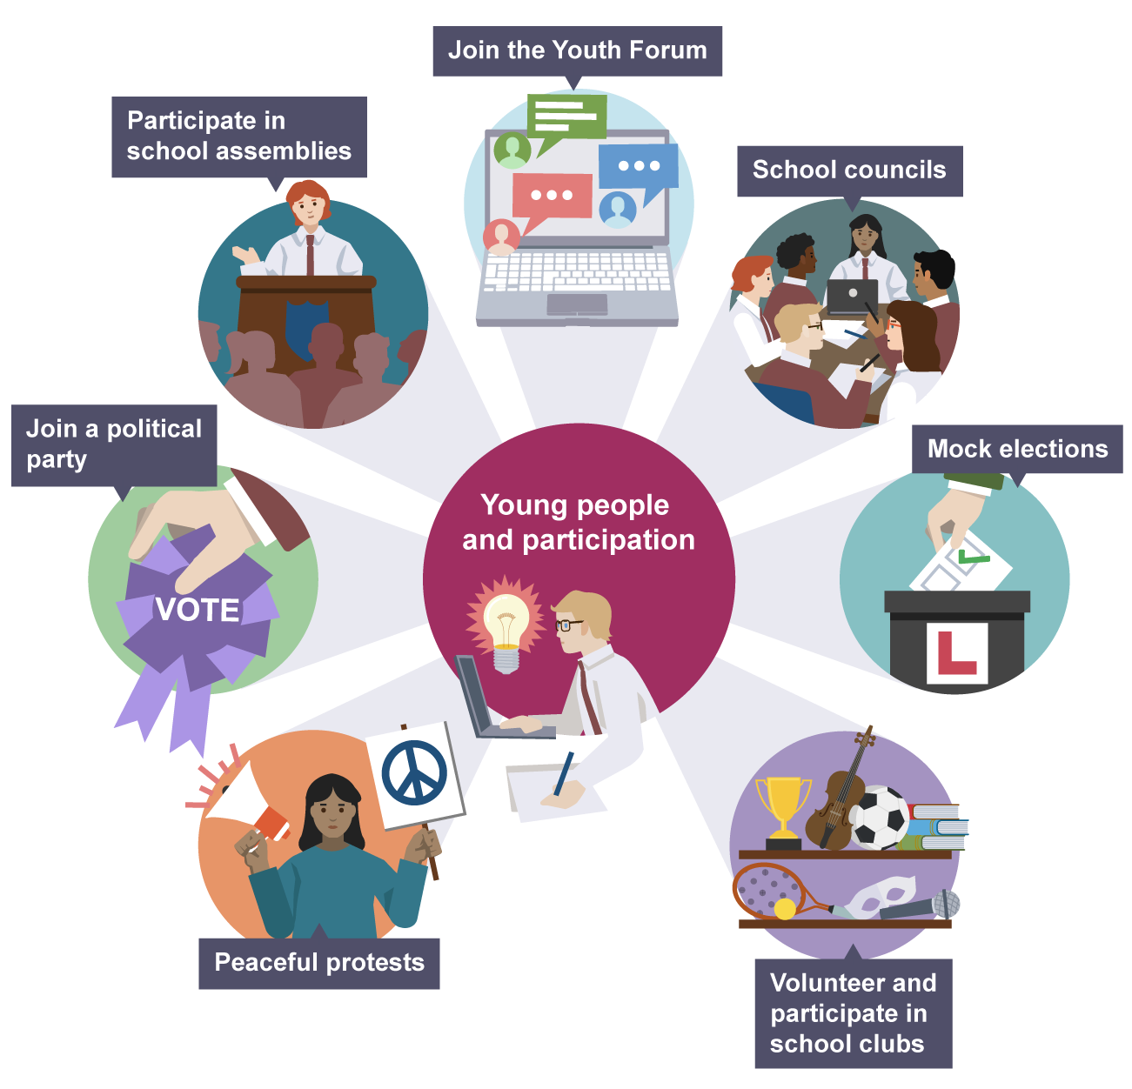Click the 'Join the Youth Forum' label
point(577,50)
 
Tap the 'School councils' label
point(849,170)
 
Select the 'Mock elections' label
point(1017,449)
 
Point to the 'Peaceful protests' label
point(318,962)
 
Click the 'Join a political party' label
point(113,444)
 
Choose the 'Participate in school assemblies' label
point(238,136)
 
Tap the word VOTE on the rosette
point(198,610)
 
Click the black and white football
point(878,818)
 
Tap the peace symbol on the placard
point(414,772)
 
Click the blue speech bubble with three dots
point(638,168)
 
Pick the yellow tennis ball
point(785,909)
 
